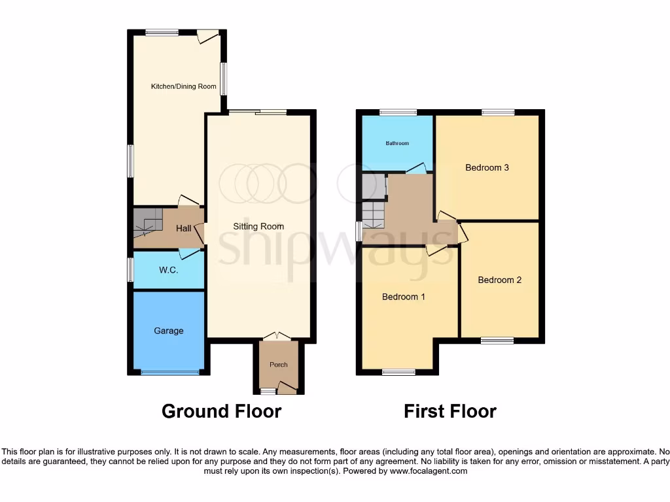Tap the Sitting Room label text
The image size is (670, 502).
(x=258, y=226)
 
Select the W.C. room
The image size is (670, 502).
(x=168, y=270)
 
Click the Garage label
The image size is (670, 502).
(x=169, y=331)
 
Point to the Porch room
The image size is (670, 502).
(x=279, y=365)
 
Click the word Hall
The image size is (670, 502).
(x=184, y=229)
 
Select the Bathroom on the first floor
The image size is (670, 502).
(x=397, y=143)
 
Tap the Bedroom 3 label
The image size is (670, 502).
(x=487, y=167)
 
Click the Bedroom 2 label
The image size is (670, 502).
(x=499, y=280)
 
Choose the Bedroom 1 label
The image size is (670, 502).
(x=404, y=297)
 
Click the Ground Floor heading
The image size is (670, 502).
(x=221, y=411)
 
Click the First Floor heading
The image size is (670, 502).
(x=450, y=411)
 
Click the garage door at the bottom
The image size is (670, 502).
(x=169, y=373)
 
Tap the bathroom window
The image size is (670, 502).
(x=398, y=112)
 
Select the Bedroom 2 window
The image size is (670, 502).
(x=497, y=340)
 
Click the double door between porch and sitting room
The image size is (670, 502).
(x=278, y=337)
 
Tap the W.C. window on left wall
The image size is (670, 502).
(x=130, y=270)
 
